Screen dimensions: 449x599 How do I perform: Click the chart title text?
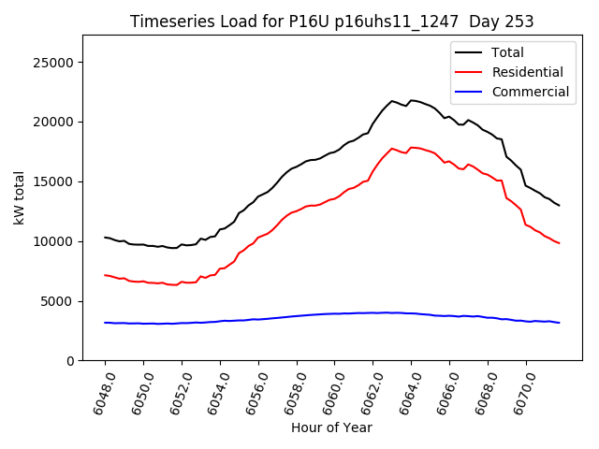click(x=331, y=22)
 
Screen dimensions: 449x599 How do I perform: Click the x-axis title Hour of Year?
click(x=331, y=428)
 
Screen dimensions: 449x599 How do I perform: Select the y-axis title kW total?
click(x=19, y=197)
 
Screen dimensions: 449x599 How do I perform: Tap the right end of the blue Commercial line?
click(x=559, y=323)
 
